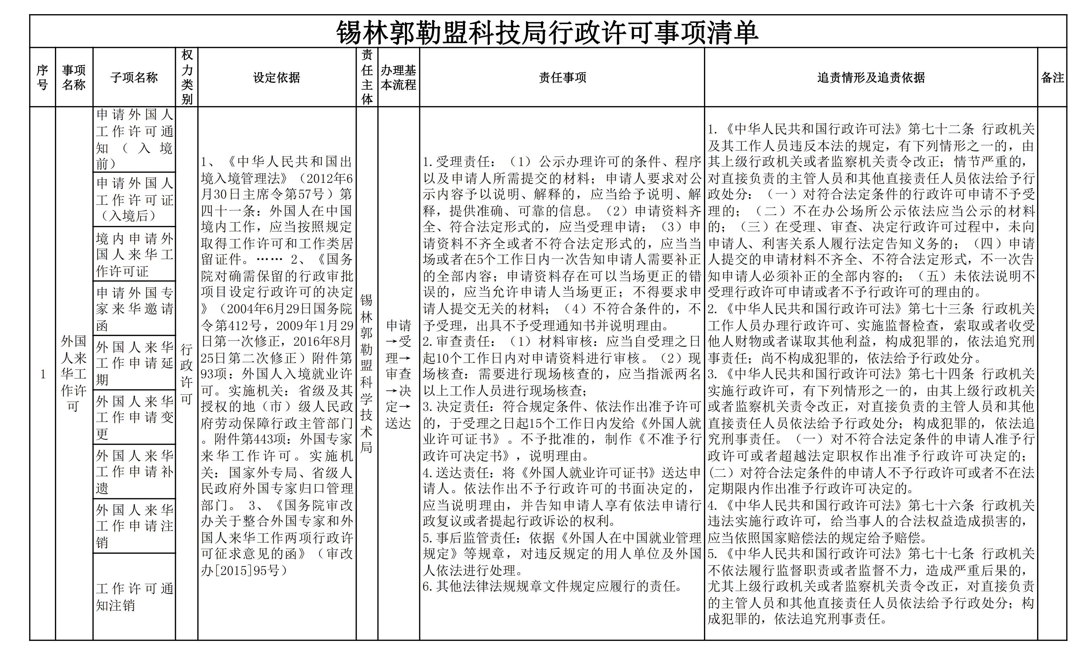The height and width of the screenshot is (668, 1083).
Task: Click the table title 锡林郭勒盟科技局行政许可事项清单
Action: [x=547, y=32]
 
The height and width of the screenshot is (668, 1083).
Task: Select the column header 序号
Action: [x=43, y=77]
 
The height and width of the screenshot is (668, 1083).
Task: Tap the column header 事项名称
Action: [x=74, y=77]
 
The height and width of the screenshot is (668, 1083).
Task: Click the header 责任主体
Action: [x=367, y=77]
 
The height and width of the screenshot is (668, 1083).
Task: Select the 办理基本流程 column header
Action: [x=398, y=77]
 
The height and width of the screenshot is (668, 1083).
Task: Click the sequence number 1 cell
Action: [x=43, y=374]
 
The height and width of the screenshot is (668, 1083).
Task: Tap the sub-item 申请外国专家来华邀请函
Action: [x=134, y=309]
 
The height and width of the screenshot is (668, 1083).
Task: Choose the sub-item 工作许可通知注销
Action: [x=134, y=597]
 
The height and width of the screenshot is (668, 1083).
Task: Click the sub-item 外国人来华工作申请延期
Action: [x=134, y=363]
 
